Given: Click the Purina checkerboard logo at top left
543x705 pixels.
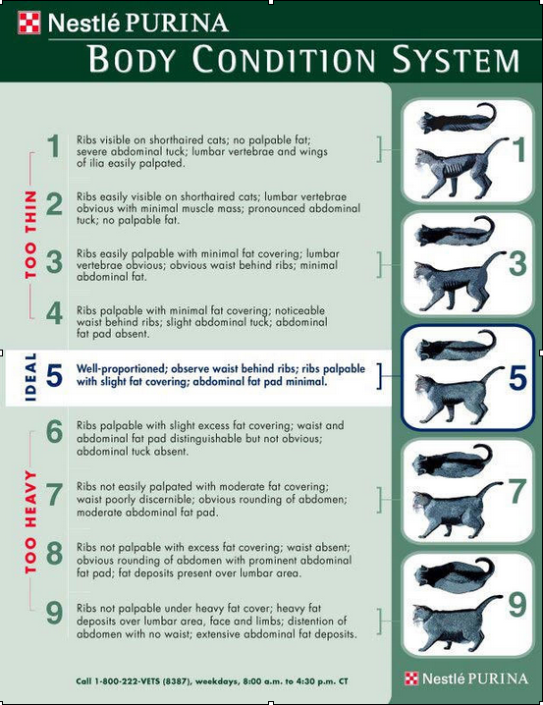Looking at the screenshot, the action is tap(29, 23).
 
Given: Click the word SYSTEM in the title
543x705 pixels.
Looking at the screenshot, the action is tap(456, 59).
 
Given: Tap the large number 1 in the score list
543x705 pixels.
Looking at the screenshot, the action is tap(54, 146).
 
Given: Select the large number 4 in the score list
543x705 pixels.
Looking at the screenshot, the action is tap(54, 313).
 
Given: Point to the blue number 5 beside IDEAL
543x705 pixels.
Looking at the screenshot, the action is tap(54, 375).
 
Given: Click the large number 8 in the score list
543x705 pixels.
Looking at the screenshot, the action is tap(54, 554).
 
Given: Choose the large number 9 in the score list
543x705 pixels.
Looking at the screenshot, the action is tap(54, 613).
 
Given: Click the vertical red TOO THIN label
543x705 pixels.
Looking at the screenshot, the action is tap(30, 235).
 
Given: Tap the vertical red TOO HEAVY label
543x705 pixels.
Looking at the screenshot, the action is tap(30, 521).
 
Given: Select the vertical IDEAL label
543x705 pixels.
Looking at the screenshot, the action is tap(30, 377).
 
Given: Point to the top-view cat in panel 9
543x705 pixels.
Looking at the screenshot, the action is tap(454, 571).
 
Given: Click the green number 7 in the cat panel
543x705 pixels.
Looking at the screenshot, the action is tap(517, 491).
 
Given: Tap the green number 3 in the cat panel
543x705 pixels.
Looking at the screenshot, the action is tap(517, 264).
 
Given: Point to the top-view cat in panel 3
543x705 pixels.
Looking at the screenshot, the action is tap(455, 232).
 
